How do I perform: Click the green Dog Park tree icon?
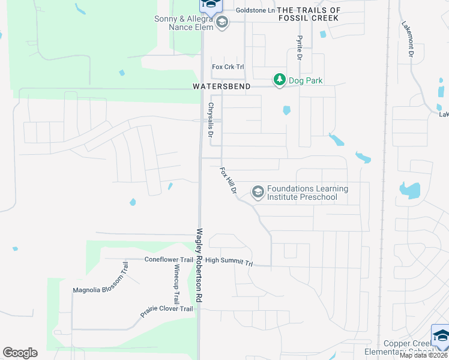click(279, 79)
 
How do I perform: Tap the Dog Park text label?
click(306, 80)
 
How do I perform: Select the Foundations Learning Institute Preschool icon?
click(258, 192)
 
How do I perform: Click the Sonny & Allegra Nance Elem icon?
click(222, 23)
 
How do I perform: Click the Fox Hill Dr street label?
click(229, 180)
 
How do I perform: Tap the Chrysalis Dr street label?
click(211, 120)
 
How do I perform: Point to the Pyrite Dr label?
click(298, 46)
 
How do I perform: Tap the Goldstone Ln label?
click(255, 10)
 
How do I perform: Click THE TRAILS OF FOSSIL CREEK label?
click(309, 14)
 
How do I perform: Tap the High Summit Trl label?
click(230, 262)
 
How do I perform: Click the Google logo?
click(20, 353)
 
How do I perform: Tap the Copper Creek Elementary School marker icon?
click(440, 335)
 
